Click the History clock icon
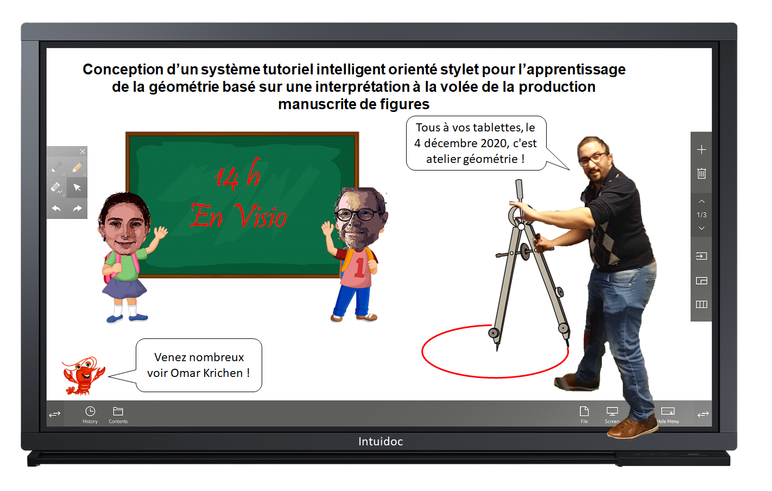click(x=90, y=411)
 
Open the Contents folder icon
click(x=118, y=411)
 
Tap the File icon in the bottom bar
click(x=584, y=411)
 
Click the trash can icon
click(x=701, y=173)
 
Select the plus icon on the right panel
click(x=701, y=150)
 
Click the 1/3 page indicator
click(x=701, y=215)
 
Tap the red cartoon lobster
click(x=83, y=376)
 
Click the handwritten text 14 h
click(x=238, y=174)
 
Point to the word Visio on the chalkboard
click(x=261, y=216)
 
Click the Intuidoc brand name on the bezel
click(x=381, y=442)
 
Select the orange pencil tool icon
click(x=77, y=167)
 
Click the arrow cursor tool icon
click(x=77, y=187)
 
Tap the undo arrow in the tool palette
click(x=56, y=208)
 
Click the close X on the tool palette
click(x=83, y=152)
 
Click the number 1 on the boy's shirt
click(x=359, y=268)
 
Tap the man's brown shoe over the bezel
click(x=631, y=427)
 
